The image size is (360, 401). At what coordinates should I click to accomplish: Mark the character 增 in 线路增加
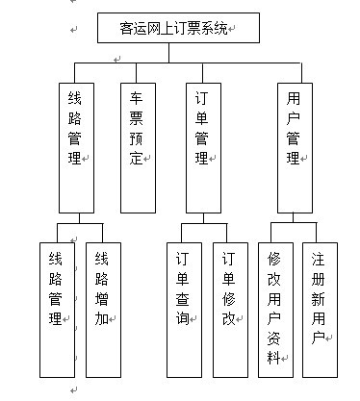tap(102, 299)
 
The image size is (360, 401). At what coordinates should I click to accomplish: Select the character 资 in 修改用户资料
tap(274, 337)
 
